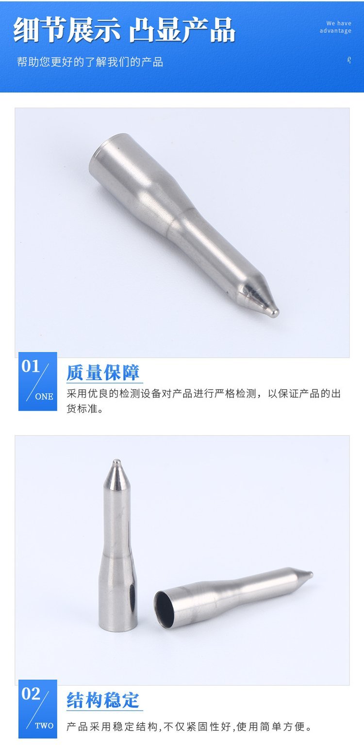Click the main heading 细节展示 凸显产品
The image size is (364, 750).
tap(124, 30)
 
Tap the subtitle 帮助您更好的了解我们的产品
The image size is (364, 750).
tap(90, 62)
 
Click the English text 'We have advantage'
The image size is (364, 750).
tap(335, 27)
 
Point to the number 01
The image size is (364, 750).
tap(31, 367)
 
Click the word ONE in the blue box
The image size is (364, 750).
tap(44, 397)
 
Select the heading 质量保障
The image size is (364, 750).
tap(103, 372)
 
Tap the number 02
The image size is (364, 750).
tap(31, 694)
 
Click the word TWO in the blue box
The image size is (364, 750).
tap(44, 726)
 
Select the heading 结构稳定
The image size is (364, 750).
tap(103, 700)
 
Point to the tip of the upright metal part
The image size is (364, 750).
tap(116, 462)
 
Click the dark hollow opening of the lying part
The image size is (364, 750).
tap(164, 609)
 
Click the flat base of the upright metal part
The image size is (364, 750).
tap(117, 628)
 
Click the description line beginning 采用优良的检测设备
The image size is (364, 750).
tap(203, 393)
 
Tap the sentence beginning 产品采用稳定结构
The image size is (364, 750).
tap(189, 726)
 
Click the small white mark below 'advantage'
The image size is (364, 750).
tap(349, 60)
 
